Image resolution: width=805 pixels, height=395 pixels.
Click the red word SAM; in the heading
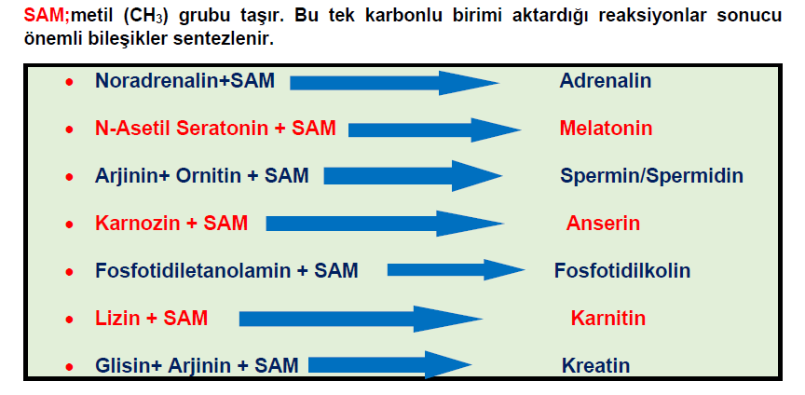[x=47, y=15]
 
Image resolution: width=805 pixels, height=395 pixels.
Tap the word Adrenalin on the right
[x=606, y=81]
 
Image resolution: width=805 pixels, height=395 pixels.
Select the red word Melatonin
[x=606, y=128]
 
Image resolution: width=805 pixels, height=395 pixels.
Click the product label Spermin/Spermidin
[x=651, y=176]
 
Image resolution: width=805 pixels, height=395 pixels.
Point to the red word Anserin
[x=603, y=224]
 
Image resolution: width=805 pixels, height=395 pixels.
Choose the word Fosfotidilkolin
[x=622, y=271]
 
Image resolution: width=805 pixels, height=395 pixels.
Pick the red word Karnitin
[x=607, y=319]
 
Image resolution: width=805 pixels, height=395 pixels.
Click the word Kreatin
[x=595, y=366]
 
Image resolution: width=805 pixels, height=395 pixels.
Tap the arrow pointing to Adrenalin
[x=394, y=83]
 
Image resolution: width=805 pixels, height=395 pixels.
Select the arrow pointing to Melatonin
[x=435, y=129]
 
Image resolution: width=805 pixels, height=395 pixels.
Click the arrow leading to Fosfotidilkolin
[x=456, y=269]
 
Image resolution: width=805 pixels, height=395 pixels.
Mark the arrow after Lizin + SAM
[x=361, y=319]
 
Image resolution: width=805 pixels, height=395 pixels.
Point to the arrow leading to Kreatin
[x=390, y=364]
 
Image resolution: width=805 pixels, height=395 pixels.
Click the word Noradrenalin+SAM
[x=184, y=81]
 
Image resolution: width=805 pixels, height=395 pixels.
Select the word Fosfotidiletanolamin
[x=193, y=271]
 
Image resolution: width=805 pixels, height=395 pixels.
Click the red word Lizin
[x=117, y=319]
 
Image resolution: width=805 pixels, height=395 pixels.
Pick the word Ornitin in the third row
[x=209, y=176]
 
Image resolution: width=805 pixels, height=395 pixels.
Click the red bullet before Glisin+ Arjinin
[x=69, y=367]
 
